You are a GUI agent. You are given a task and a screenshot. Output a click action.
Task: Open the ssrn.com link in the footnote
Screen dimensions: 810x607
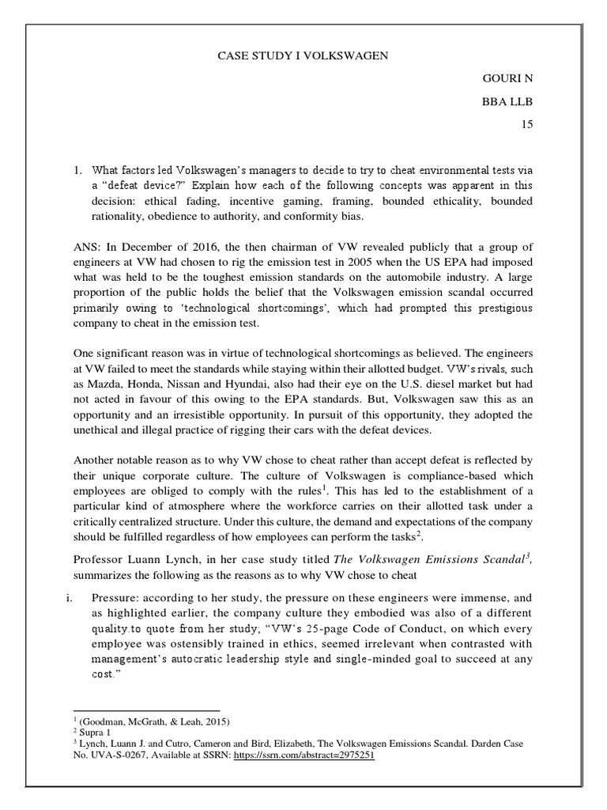click(321, 755)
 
